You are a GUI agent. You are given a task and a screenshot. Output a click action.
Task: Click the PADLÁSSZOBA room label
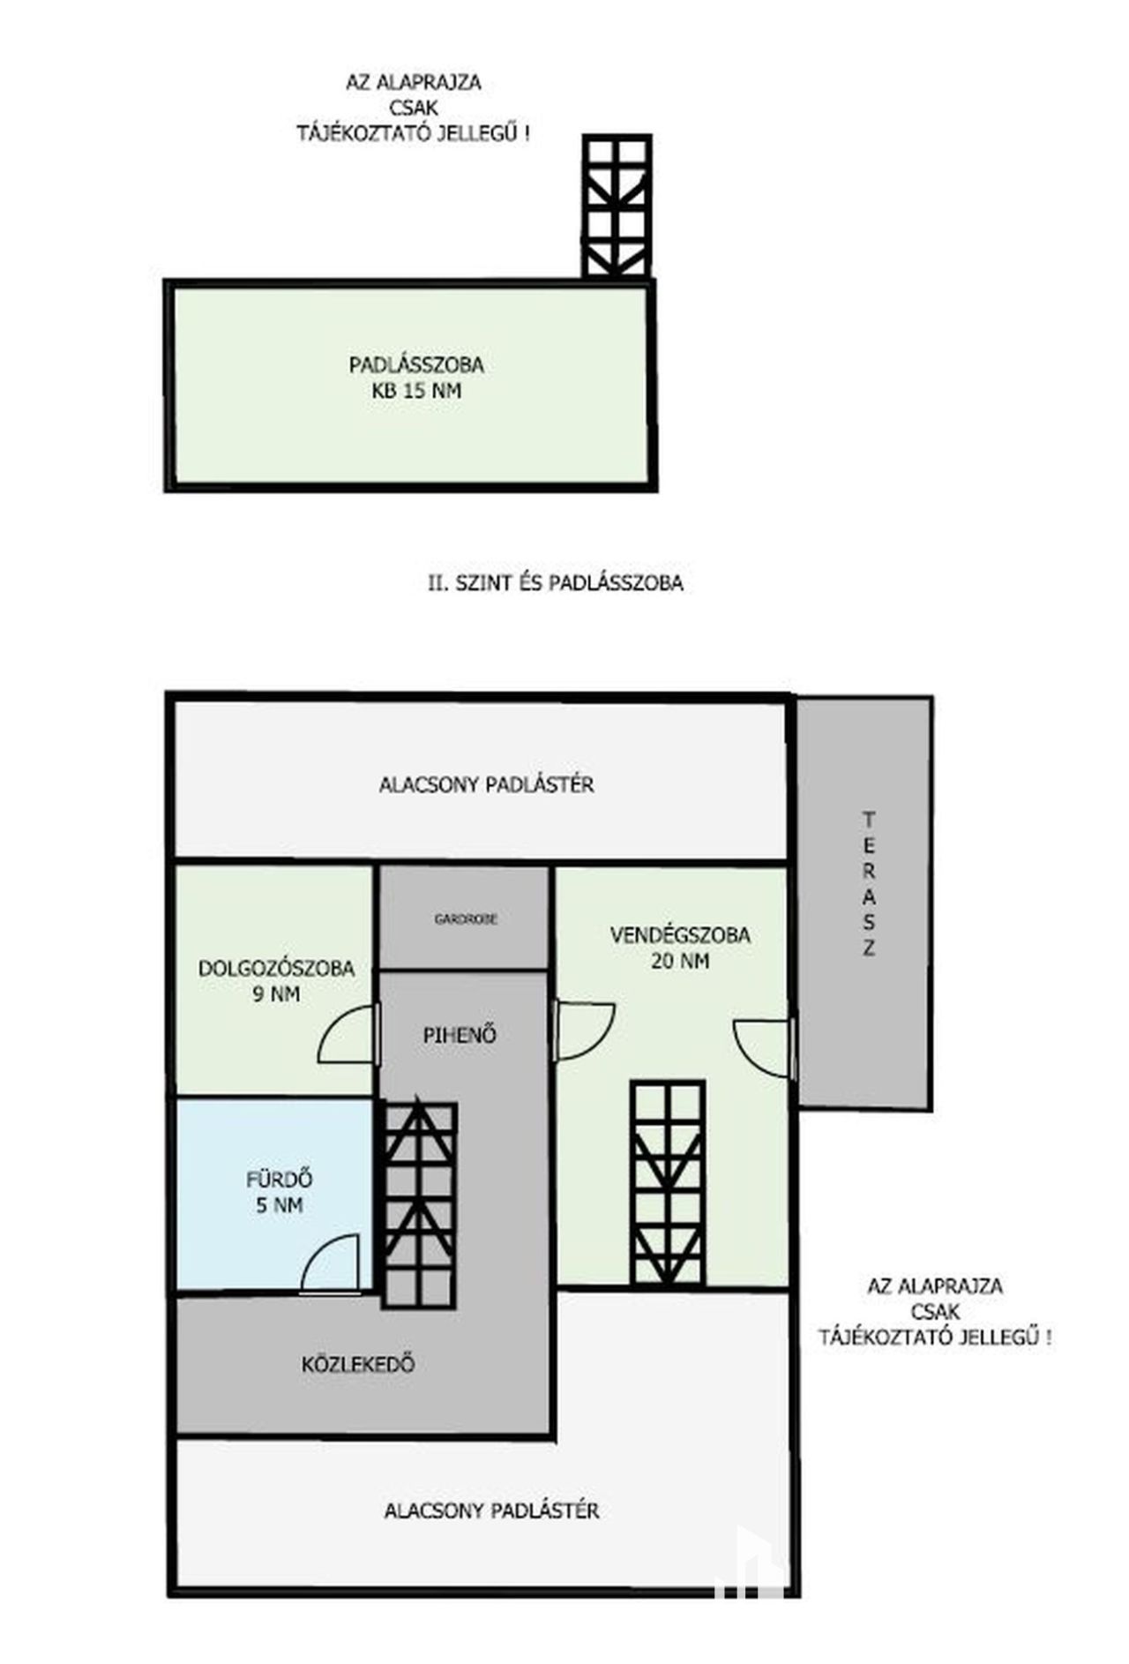pos(416,364)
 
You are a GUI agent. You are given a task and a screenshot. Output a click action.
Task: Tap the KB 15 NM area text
pos(416,391)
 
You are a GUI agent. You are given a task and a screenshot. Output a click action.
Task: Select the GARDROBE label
pos(466,919)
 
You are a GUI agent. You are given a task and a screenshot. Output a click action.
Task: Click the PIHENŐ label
pos(460,1035)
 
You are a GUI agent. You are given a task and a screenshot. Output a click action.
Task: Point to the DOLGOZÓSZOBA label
pos(276,968)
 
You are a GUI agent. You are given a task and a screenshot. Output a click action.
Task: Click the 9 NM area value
pos(276,994)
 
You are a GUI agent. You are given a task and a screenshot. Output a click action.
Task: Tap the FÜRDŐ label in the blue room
pos(280,1179)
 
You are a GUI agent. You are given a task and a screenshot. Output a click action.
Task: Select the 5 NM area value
pos(280,1205)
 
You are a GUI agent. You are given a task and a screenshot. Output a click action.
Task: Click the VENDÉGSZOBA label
pos(680,935)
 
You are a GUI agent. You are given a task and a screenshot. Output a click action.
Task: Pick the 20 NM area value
pos(680,961)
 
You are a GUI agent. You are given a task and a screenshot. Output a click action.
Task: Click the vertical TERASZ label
pos(869,884)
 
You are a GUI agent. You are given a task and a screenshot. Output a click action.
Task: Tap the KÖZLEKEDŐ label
pos(358,1364)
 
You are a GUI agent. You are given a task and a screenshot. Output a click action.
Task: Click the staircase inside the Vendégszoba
pos(668,1182)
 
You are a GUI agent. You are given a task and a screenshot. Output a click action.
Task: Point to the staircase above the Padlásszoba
pos(617,206)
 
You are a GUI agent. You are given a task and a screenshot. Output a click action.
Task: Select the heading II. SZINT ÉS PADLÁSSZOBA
pos(556,583)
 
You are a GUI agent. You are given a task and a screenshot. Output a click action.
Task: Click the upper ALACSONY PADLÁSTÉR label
pos(486,784)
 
